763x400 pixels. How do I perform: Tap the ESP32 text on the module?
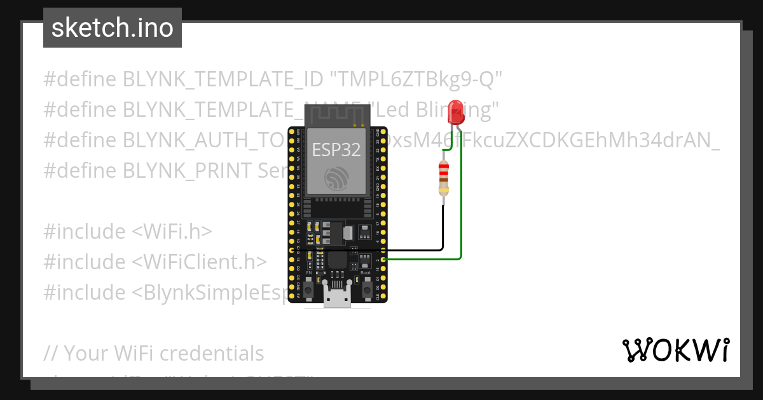tap(336, 150)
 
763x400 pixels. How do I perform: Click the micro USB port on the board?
tap(336, 298)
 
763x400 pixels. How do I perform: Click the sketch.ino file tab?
tap(113, 28)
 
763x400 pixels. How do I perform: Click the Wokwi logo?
tap(675, 350)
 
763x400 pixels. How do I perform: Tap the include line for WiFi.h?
tap(128, 232)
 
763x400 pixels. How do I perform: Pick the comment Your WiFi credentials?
tap(155, 353)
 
